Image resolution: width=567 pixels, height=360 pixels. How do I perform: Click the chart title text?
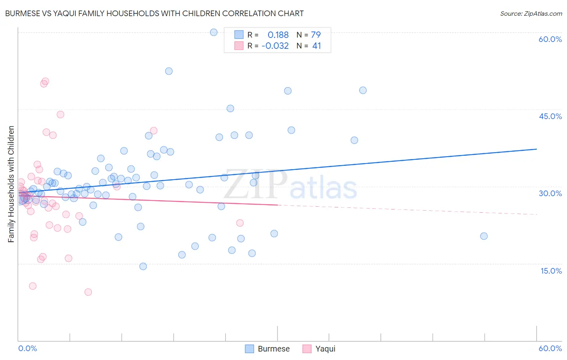pyautogui.click(x=154, y=13)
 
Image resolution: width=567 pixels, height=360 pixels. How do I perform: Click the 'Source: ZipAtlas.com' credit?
pyautogui.click(x=531, y=13)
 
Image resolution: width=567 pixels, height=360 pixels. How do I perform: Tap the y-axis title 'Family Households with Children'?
pyautogui.click(x=11, y=184)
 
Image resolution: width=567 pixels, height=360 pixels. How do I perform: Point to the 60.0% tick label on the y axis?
pyautogui.click(x=550, y=39)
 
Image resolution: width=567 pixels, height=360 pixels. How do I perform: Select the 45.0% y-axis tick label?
pyautogui.click(x=550, y=116)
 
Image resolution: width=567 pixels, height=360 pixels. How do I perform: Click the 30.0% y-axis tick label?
pyautogui.click(x=550, y=193)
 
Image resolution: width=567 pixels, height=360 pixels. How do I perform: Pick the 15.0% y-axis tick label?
pyautogui.click(x=551, y=271)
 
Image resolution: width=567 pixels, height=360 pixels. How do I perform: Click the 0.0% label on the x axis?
pyautogui.click(x=27, y=348)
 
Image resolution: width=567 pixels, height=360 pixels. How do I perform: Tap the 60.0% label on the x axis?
pyautogui.click(x=550, y=348)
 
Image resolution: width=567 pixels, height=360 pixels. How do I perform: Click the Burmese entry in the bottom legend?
pyautogui.click(x=267, y=349)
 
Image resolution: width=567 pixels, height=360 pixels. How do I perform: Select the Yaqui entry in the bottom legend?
pyautogui.click(x=319, y=349)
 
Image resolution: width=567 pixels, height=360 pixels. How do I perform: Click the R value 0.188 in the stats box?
pyautogui.click(x=278, y=35)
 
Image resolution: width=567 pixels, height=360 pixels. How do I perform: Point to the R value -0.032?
pyautogui.click(x=275, y=46)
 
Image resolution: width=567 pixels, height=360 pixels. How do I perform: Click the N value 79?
pyautogui.click(x=316, y=35)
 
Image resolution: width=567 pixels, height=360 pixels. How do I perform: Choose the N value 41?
pyautogui.click(x=317, y=46)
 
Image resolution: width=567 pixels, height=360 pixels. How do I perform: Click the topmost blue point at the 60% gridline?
pyautogui.click(x=214, y=32)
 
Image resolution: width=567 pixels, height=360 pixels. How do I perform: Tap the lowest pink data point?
pyautogui.click(x=88, y=292)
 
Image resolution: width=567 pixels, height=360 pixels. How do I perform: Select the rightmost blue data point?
pyautogui.click(x=484, y=236)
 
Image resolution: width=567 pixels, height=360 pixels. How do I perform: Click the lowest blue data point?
pyautogui.click(x=143, y=266)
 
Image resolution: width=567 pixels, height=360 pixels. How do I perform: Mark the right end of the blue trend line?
pyautogui.click(x=536, y=149)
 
